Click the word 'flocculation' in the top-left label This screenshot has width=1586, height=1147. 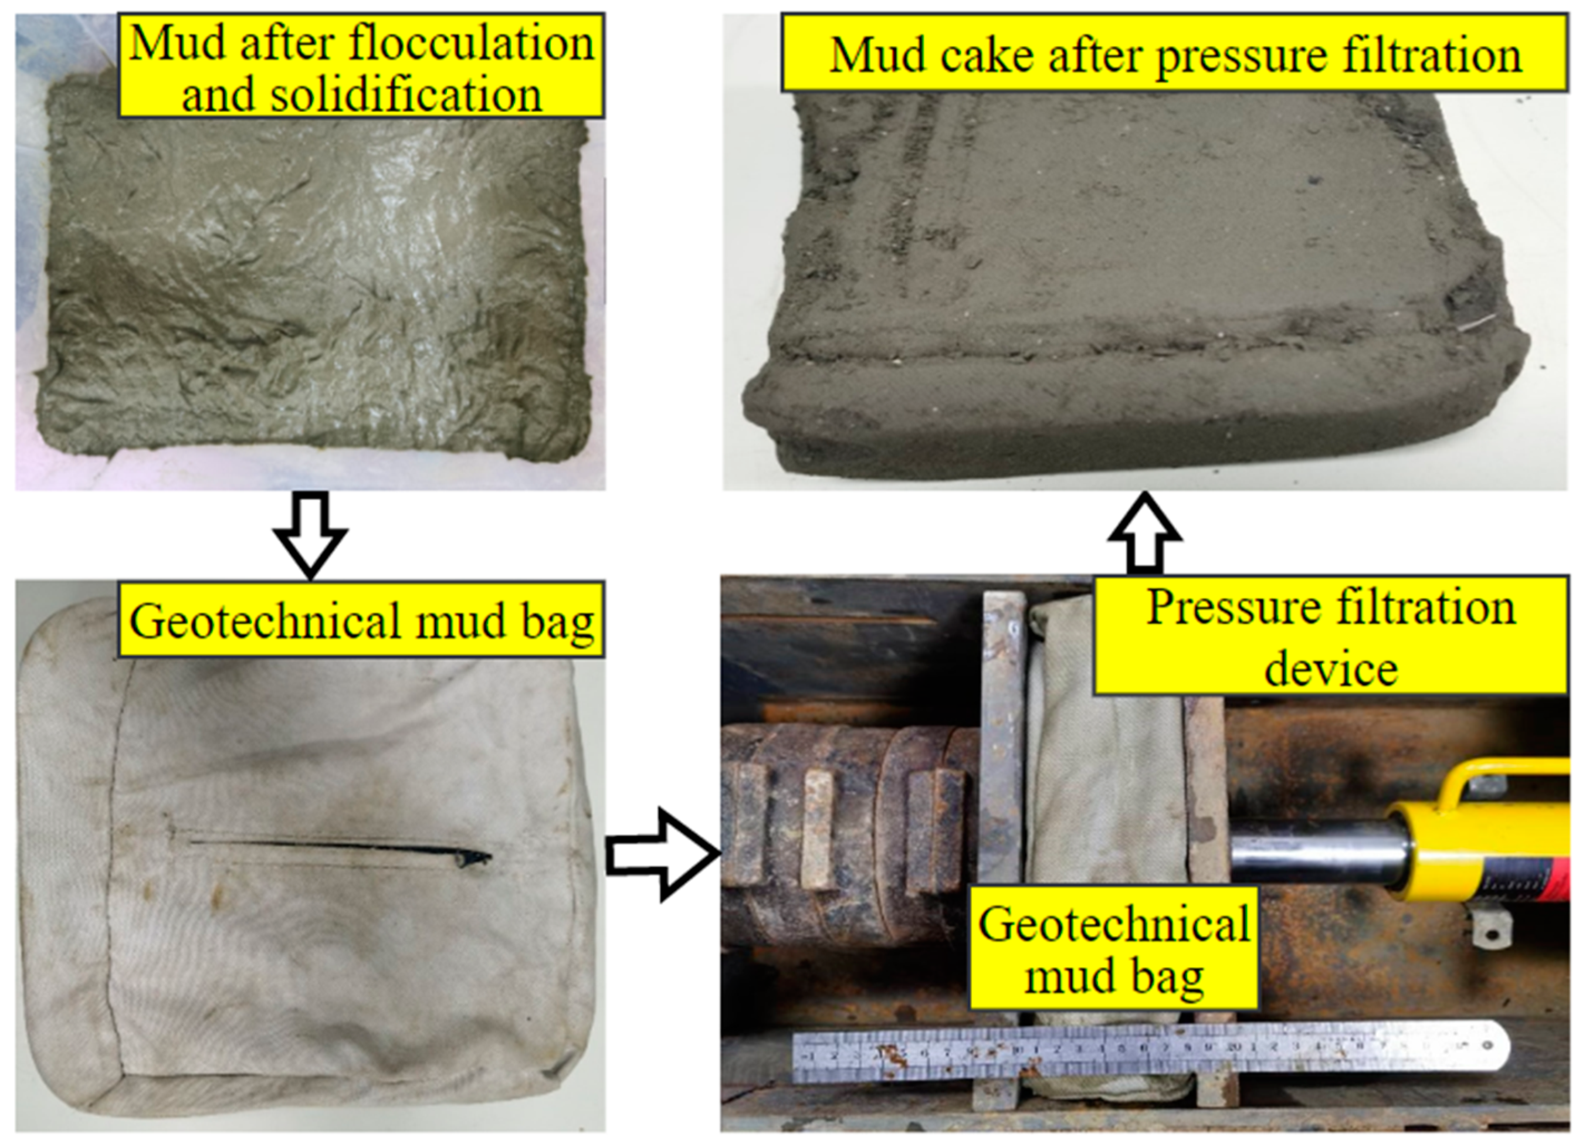pos(472,43)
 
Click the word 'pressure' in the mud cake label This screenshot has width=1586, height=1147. pos(1241,56)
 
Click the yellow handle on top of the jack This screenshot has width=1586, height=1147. pos(1503,776)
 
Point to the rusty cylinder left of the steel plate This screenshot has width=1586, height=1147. pos(839,839)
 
